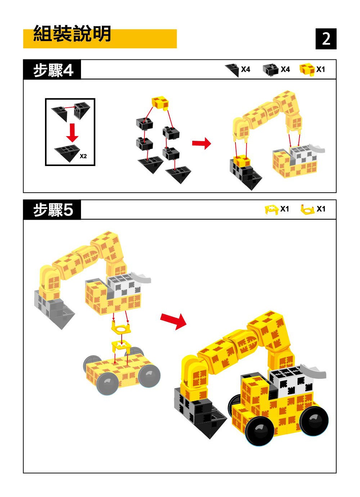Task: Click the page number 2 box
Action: (x=326, y=39)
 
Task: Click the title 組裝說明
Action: (x=72, y=33)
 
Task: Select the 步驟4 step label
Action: (x=53, y=70)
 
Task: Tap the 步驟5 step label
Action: (x=53, y=210)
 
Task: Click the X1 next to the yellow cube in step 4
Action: (x=320, y=70)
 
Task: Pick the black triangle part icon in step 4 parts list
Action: (x=232, y=70)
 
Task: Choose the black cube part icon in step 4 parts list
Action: (x=270, y=70)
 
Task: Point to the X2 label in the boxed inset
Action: (x=83, y=156)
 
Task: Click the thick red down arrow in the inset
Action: (x=72, y=133)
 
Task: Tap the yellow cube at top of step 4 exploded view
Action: (x=160, y=103)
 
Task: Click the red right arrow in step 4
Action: (x=201, y=143)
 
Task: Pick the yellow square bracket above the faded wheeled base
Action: (x=121, y=346)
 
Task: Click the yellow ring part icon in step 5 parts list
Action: (x=307, y=209)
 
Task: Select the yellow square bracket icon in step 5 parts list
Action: (x=271, y=210)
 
